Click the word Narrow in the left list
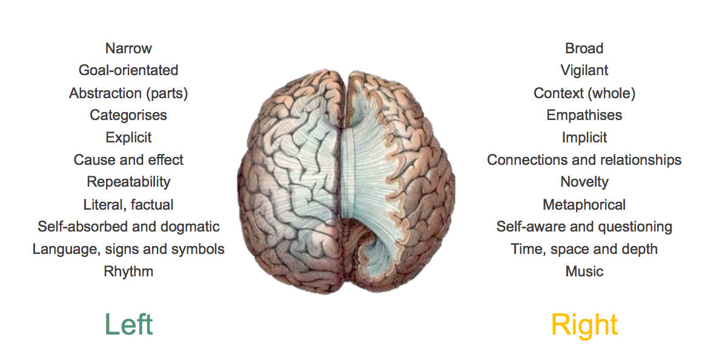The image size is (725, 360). coord(128,48)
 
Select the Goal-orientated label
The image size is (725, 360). coord(128,70)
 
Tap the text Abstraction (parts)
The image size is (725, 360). coord(128,93)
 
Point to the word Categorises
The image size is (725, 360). coord(128,115)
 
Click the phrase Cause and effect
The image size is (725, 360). coord(128,160)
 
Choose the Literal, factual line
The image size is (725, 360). coord(128,205)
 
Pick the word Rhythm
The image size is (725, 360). coord(128,272)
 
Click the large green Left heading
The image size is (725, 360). coord(128,324)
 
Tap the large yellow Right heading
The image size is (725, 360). coord(584,325)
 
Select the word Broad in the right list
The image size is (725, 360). coord(584,48)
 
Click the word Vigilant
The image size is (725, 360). coord(584,70)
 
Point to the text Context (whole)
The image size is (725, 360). coord(584,93)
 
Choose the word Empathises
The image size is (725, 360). coord(584,115)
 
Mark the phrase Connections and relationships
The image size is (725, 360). coord(584,160)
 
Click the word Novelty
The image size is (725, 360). coord(584,182)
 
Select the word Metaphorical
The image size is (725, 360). coord(584,205)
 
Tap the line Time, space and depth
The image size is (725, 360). coord(584,249)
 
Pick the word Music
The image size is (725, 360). coord(584,272)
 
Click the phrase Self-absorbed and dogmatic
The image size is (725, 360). coord(128,227)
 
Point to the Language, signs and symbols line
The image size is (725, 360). coord(128,249)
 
